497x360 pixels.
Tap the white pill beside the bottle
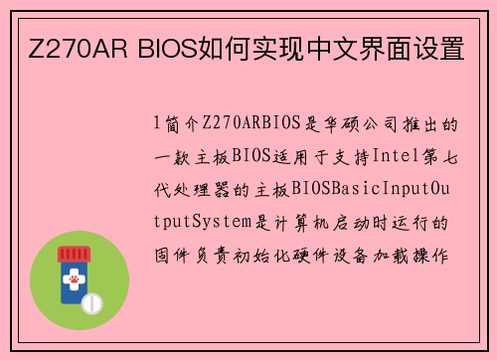pos(91,301)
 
